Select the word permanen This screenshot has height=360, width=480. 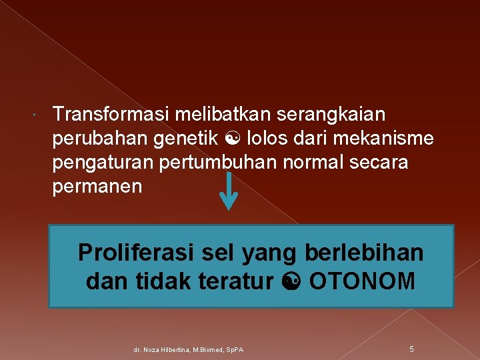click(x=97, y=187)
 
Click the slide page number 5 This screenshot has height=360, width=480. click(x=412, y=349)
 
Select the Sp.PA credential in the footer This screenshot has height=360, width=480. click(x=234, y=349)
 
